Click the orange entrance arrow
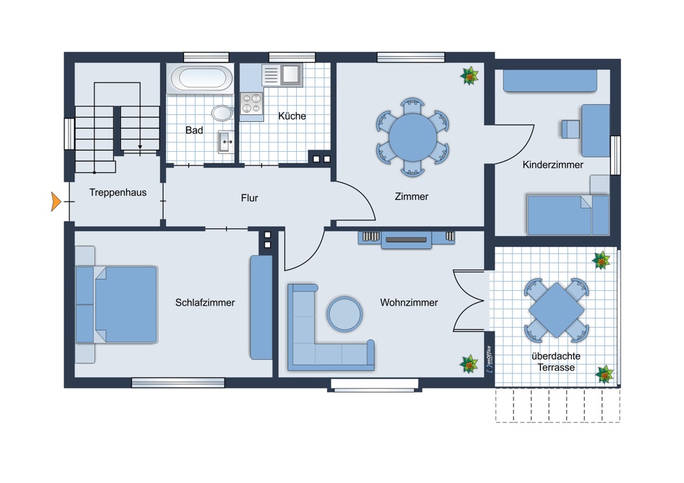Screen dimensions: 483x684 point(56,202)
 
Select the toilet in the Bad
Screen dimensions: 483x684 point(221,113)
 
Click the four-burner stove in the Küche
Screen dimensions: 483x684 point(251,103)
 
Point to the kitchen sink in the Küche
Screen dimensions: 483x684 point(290,73)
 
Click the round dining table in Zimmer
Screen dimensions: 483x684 point(412,136)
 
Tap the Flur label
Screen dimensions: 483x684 point(250,198)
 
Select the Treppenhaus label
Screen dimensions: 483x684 point(118,193)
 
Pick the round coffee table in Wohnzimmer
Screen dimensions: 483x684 point(345,314)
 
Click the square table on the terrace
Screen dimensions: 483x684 point(556,310)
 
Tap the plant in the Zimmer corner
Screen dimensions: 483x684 point(469,76)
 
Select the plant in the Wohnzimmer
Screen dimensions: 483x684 point(469,364)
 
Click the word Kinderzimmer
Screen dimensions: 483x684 point(553,165)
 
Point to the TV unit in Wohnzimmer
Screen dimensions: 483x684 point(406,239)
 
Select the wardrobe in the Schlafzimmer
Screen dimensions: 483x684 point(261,307)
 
